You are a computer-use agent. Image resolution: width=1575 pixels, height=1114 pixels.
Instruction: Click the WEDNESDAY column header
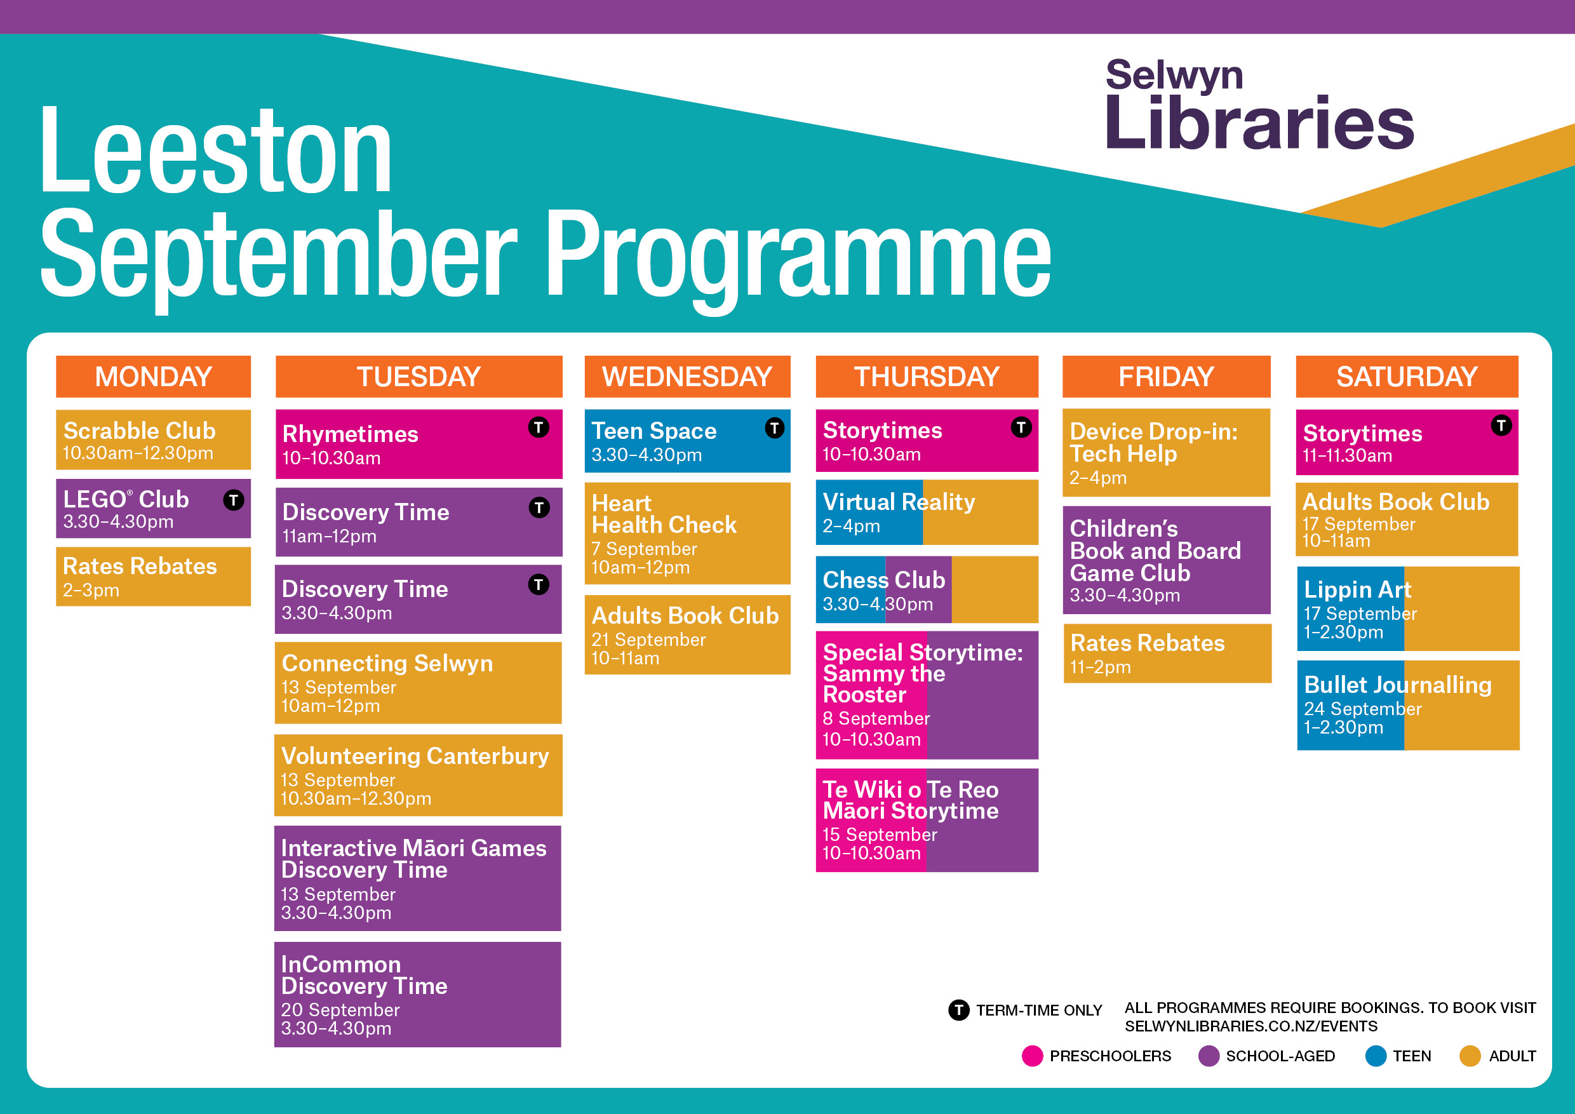(x=687, y=377)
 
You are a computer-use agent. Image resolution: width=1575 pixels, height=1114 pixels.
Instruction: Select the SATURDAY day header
(x=1407, y=377)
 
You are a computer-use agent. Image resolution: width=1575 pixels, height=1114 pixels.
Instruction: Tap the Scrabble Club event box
(x=154, y=440)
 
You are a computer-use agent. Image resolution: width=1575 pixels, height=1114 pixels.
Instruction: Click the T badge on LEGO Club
(x=233, y=499)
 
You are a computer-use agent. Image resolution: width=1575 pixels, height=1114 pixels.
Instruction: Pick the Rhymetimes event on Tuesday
(x=419, y=444)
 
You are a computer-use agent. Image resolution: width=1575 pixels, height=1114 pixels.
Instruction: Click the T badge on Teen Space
(x=774, y=428)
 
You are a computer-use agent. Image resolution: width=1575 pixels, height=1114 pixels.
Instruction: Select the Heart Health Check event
(x=687, y=533)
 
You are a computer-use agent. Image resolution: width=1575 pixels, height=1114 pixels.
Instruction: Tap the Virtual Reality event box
(x=927, y=512)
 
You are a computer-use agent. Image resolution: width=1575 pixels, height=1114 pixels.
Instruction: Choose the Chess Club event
(x=927, y=589)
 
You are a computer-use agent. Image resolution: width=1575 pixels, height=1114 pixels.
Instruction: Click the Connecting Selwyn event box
(x=419, y=683)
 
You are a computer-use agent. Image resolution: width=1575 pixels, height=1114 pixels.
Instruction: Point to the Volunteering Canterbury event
(x=419, y=775)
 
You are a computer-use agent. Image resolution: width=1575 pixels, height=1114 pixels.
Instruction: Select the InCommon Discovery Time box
(x=418, y=994)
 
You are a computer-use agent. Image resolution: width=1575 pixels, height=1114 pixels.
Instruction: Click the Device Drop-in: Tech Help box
(x=1166, y=453)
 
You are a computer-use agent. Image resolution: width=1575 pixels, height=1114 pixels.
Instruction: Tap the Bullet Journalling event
(x=1409, y=705)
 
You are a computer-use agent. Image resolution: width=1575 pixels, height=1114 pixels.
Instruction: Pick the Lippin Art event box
(x=1409, y=608)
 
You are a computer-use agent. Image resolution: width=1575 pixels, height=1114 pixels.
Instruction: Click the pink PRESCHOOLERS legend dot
(x=1033, y=1056)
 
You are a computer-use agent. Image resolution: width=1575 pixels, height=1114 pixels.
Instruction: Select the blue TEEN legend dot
(x=1376, y=1056)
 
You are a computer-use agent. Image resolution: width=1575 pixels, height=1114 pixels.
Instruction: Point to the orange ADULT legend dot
(x=1470, y=1056)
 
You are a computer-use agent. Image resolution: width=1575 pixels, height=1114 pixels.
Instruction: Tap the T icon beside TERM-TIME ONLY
(x=959, y=1010)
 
